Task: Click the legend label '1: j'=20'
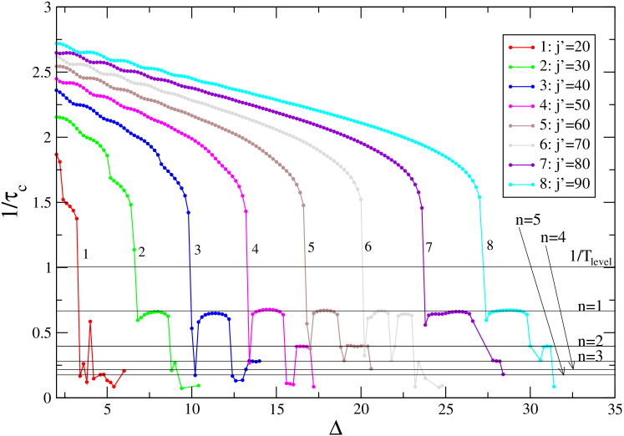coord(563,47)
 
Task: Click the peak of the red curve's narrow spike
coord(90,321)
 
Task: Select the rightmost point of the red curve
coord(124,371)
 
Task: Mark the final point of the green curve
coord(199,385)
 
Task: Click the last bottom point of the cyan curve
coord(554,386)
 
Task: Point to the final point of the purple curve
coord(503,373)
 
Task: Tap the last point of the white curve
coord(442,386)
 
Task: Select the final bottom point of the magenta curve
coord(313,387)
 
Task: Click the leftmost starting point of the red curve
coord(55,154)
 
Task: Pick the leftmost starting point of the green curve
coord(55,117)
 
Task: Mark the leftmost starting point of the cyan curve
coord(55,43)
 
